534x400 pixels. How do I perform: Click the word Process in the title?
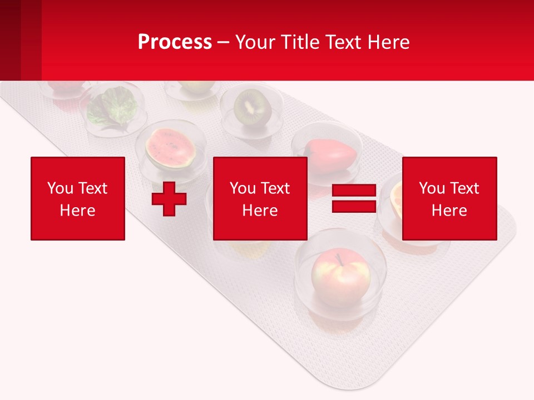[x=175, y=42]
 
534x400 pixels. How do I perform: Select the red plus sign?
[x=169, y=199]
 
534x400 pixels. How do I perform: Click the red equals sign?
[x=354, y=198]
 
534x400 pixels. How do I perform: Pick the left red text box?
[x=78, y=198]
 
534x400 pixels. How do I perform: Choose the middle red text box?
[x=260, y=198]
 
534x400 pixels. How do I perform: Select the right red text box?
[x=449, y=198]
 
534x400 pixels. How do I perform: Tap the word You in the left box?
[x=60, y=188]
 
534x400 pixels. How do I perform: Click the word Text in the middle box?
[x=276, y=188]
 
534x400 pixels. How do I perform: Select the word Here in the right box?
[x=449, y=211]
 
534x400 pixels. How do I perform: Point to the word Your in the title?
[x=255, y=42]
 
